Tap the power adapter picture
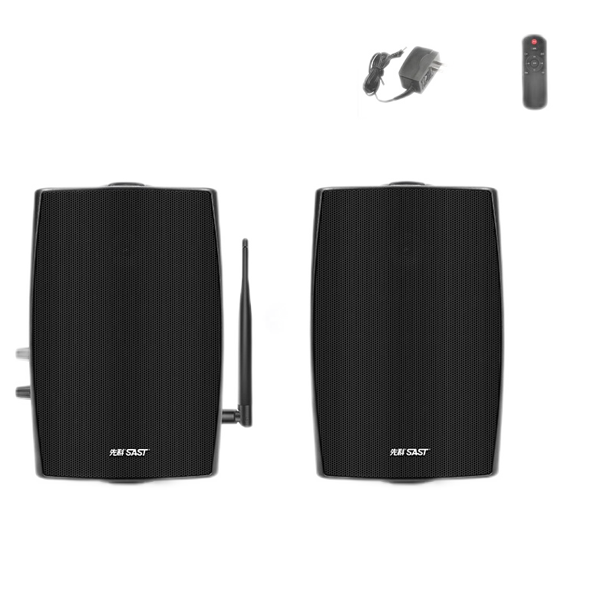coord(405,70)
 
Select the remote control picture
coord(535,70)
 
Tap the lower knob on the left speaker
coord(18,391)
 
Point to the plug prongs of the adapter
coord(434,64)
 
